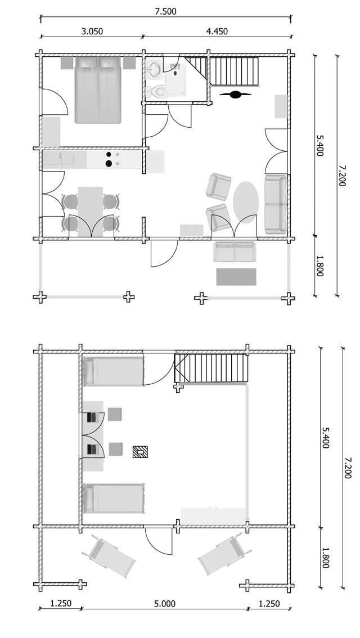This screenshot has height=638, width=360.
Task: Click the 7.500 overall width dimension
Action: click(165, 11)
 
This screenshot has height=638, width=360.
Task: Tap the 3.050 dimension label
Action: click(92, 32)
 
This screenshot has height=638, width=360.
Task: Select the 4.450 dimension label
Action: click(217, 32)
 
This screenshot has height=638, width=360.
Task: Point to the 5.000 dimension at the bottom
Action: click(164, 604)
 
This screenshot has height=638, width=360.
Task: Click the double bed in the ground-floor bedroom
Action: click(98, 90)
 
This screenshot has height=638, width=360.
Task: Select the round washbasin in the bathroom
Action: click(154, 70)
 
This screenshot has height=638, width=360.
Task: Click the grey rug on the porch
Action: click(236, 276)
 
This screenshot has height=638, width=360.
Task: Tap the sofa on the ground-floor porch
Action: click(235, 252)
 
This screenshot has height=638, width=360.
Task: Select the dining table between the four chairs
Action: click(91, 212)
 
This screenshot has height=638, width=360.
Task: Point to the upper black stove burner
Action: click(107, 154)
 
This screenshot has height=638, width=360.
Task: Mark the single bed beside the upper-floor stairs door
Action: click(112, 371)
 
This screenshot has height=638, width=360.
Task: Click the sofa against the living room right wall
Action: click(275, 204)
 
